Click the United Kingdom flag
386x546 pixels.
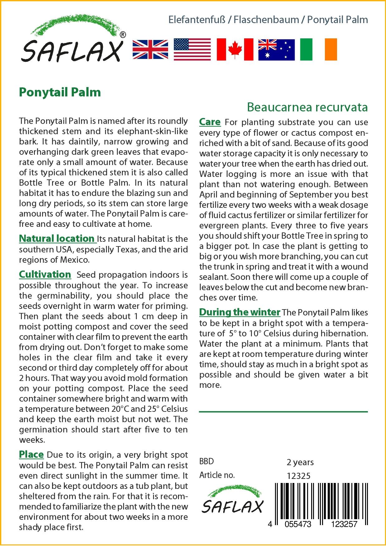click(150, 49)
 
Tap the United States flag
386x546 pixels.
click(192, 49)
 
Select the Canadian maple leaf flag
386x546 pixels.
click(235, 49)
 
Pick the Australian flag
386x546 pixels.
click(276, 49)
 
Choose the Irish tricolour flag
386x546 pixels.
click(318, 49)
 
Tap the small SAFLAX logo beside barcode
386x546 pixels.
click(232, 502)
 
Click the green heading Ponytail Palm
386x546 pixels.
click(60, 92)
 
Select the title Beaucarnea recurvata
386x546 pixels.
click(307, 107)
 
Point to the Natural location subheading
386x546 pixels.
click(57, 238)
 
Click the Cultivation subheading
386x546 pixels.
click(45, 274)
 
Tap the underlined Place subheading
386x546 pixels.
click(31, 454)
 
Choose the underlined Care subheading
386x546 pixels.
click(210, 122)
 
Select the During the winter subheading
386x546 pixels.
click(240, 312)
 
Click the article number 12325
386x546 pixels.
click(298, 476)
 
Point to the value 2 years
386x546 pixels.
click(300, 462)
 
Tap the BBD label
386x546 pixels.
click(206, 461)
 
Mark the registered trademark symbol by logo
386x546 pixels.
click(123, 35)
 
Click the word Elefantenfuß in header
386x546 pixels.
click(197, 20)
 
